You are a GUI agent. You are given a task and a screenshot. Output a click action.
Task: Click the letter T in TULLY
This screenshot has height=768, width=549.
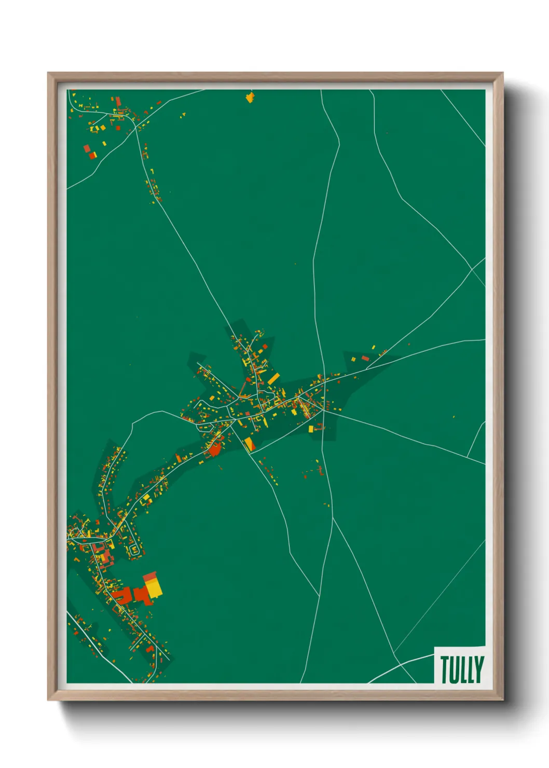click(x=444, y=669)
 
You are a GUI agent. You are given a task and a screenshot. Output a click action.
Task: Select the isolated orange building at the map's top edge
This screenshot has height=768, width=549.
click(x=250, y=97)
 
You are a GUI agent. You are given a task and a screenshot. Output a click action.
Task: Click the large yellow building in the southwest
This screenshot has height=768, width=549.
click(x=154, y=588)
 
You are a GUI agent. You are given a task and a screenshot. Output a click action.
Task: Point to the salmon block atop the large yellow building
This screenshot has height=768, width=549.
click(x=150, y=577)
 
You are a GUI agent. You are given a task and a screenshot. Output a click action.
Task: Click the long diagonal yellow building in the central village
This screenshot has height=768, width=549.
click(x=273, y=378)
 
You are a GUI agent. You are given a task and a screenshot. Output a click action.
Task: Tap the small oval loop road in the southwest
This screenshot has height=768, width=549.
click(x=134, y=550)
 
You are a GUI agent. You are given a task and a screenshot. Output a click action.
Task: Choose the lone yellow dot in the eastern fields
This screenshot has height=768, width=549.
click(x=454, y=417)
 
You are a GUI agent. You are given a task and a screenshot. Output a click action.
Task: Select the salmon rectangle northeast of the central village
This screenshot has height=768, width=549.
click(x=365, y=358)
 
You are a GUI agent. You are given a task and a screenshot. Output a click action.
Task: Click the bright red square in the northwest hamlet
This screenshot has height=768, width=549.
click(x=92, y=155)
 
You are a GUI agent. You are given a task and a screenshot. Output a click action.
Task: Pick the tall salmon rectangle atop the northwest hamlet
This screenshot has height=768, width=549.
click(x=118, y=101)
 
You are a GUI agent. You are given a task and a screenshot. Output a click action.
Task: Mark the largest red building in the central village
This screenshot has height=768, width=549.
click(x=214, y=450)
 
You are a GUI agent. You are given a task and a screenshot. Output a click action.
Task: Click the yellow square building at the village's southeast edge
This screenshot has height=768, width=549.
click(x=311, y=429)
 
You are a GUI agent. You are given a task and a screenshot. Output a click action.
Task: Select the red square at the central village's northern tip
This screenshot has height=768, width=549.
click(x=265, y=346)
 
